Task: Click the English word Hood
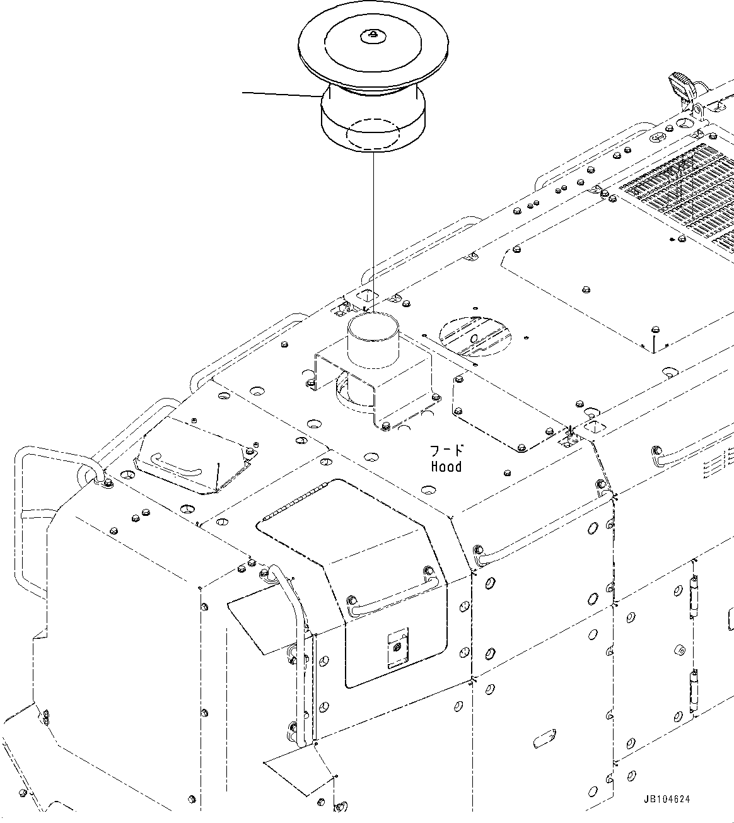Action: point(446,467)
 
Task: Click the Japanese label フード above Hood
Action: point(446,450)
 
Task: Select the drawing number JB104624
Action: point(667,799)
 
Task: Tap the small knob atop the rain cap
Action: point(373,35)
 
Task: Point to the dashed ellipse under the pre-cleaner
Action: point(373,134)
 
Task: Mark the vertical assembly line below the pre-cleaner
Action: point(373,227)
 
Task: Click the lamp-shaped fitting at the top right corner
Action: point(681,85)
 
